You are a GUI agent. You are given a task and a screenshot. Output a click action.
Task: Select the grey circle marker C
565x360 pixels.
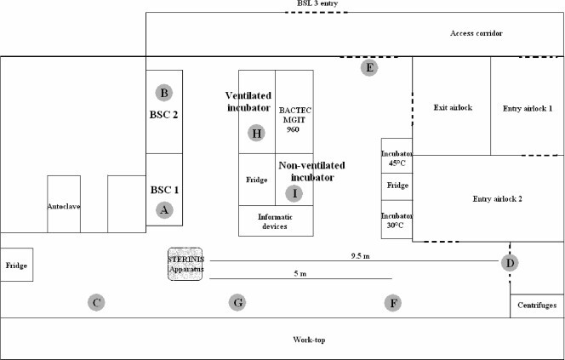pos(97,301)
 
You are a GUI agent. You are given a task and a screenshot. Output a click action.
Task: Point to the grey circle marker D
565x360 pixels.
pos(510,263)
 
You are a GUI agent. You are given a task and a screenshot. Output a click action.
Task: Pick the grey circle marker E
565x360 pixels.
pos(368,66)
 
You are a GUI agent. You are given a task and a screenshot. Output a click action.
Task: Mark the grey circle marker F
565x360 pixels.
pos(392,301)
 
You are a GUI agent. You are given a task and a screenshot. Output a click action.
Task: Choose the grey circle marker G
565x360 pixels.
pos(238,301)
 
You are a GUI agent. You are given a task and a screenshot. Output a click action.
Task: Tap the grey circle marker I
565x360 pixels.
pos(294,193)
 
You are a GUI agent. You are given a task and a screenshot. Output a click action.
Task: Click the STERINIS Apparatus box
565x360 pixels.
pos(185,264)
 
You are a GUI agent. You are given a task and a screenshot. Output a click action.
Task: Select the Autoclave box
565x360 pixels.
pos(64,203)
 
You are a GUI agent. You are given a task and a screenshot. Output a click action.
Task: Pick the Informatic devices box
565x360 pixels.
pos(276,221)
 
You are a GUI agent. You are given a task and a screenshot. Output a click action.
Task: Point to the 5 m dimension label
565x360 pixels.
pos(299,273)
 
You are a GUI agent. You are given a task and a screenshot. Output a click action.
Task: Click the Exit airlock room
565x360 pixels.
pos(452,107)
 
